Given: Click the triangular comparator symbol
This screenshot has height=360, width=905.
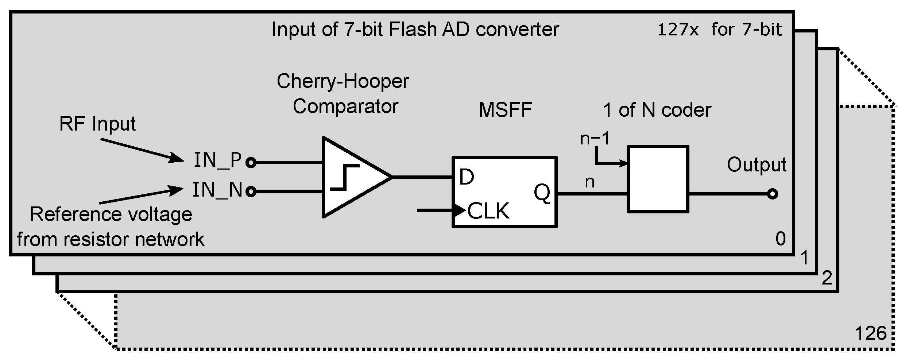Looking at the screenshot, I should (x=350, y=177).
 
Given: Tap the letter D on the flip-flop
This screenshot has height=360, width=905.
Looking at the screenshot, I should (x=466, y=177).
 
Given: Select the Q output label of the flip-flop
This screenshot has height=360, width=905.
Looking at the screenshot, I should (x=542, y=193).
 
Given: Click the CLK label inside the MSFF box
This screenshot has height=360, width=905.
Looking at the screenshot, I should (x=488, y=211).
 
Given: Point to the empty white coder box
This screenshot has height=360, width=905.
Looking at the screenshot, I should (x=658, y=179).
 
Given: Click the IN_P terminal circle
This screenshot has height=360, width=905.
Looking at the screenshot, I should (x=251, y=163).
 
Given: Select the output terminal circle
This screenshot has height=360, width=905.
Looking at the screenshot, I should (x=772, y=194).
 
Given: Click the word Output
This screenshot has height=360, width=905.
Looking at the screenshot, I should (x=757, y=165).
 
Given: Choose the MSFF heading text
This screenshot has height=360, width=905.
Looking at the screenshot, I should (x=505, y=110).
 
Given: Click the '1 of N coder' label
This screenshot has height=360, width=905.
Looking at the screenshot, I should (x=657, y=110).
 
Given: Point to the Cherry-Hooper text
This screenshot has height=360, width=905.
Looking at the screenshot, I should (x=343, y=81).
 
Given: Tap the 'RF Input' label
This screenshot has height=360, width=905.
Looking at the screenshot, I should (x=97, y=124).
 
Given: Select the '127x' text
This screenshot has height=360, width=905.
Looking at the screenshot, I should (x=678, y=30).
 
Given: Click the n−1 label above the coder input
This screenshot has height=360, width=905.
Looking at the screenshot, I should (x=595, y=139).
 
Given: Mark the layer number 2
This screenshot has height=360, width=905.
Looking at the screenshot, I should (x=827, y=279).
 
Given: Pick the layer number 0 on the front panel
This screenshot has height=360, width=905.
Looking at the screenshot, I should (x=780, y=239).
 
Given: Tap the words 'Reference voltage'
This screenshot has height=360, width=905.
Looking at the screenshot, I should (x=111, y=214).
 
